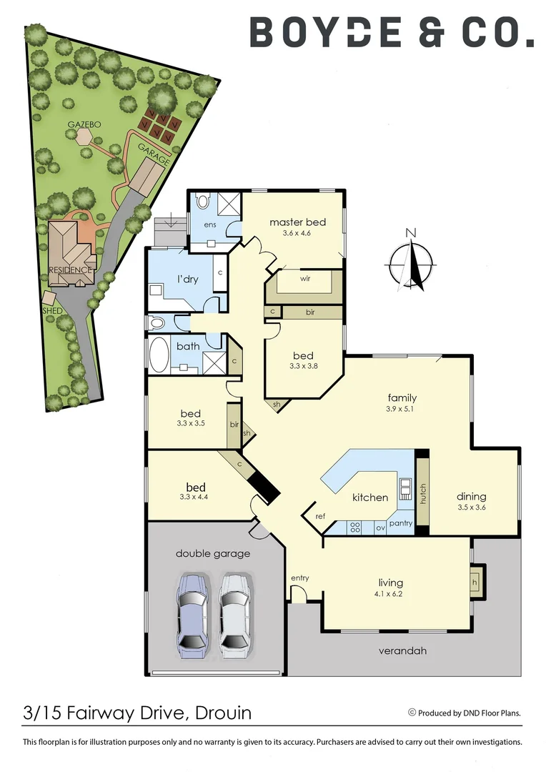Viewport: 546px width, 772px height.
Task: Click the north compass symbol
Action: [411, 260]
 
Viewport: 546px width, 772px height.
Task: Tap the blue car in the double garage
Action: [193, 614]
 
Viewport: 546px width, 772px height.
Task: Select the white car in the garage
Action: [235, 614]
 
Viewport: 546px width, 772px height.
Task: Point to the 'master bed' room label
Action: [297, 222]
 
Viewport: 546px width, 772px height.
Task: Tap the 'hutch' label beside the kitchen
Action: [422, 494]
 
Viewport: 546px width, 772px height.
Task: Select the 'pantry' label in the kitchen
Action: [402, 523]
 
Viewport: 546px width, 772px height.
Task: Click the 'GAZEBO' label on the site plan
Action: [84, 124]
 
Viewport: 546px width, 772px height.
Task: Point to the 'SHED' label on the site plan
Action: [52, 311]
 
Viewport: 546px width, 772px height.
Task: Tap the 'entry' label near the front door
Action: [299, 578]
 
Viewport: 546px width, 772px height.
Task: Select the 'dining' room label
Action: [472, 496]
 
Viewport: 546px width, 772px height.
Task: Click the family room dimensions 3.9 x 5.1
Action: [402, 410]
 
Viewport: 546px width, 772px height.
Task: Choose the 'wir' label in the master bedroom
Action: [304, 279]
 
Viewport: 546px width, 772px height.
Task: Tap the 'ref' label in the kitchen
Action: [319, 516]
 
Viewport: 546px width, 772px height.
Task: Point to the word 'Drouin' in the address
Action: [221, 713]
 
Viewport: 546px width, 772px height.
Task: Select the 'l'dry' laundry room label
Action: [187, 279]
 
